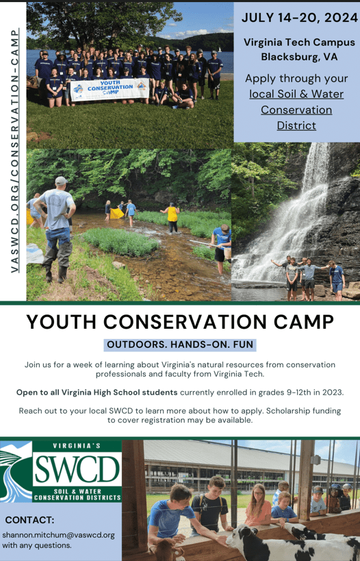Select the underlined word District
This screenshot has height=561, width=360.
(296, 125)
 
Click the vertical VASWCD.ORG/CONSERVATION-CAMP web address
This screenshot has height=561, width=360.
(14, 151)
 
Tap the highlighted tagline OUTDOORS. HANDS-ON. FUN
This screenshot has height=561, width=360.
(180, 345)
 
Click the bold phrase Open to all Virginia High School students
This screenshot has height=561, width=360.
(97, 392)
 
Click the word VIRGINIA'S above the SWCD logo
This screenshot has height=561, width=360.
(77, 446)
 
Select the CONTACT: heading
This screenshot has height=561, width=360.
(29, 520)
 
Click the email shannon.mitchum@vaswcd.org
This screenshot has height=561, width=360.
(58, 534)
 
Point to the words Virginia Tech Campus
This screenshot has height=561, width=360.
(299, 42)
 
